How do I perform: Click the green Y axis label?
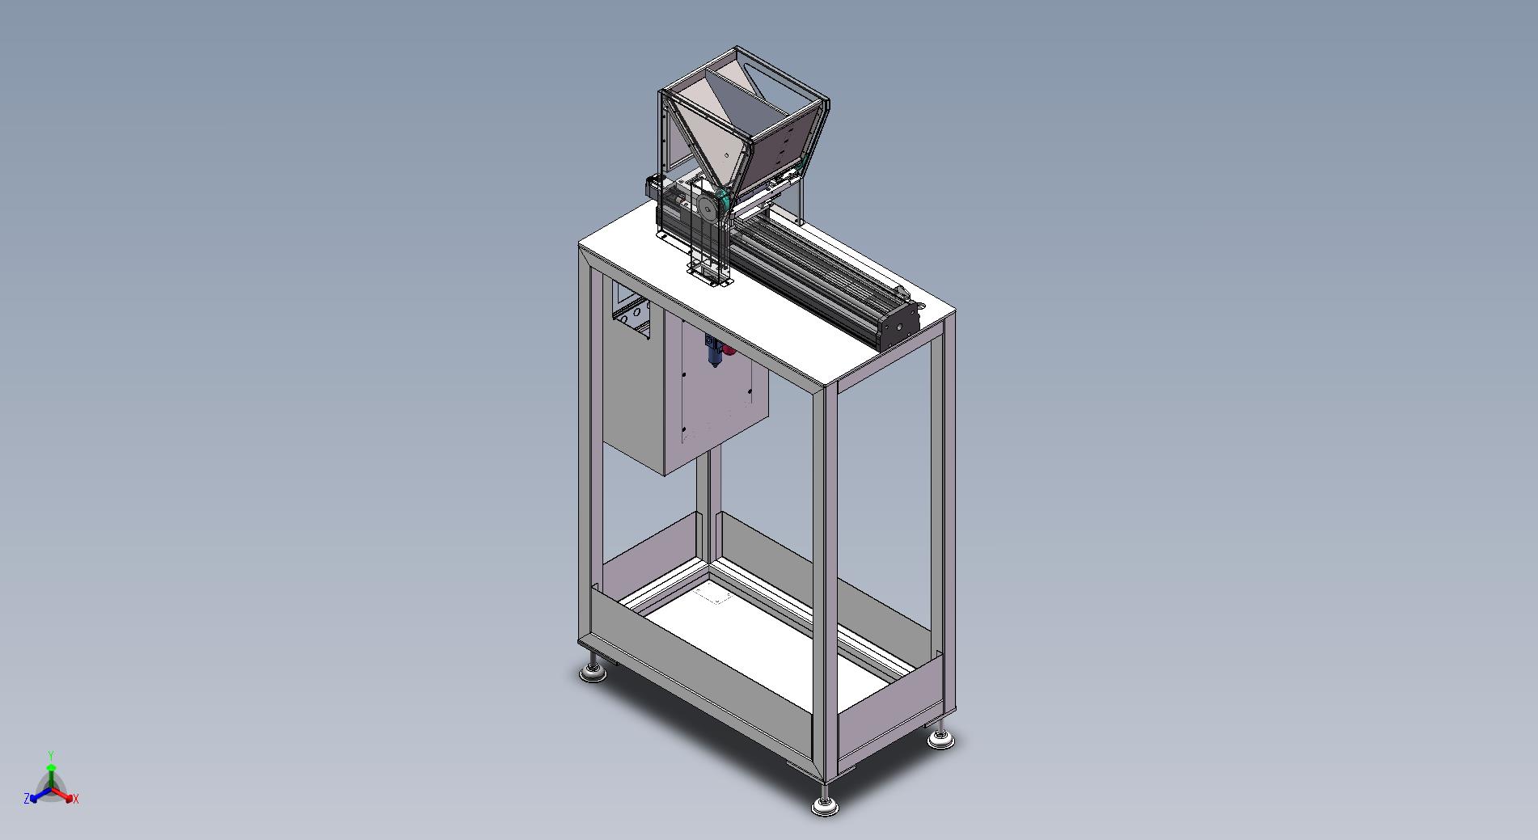(51, 755)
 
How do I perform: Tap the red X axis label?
(75, 799)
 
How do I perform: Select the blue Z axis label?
(27, 799)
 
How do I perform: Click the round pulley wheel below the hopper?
(708, 209)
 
